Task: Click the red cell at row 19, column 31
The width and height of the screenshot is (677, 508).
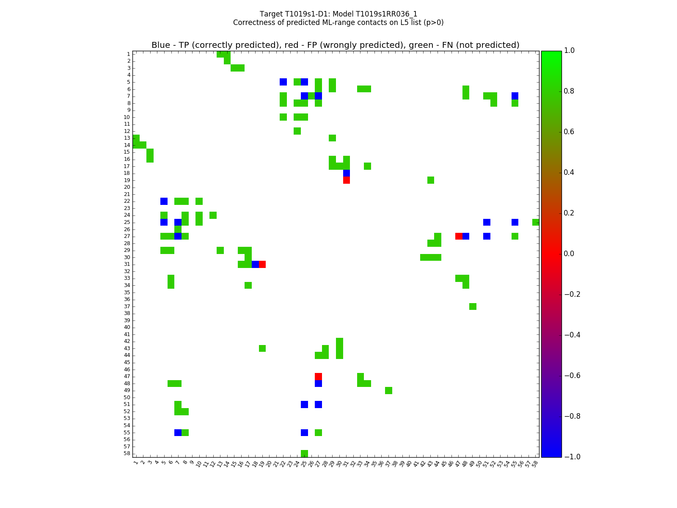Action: [x=347, y=180]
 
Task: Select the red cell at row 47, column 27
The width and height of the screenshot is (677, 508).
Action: [x=318, y=376]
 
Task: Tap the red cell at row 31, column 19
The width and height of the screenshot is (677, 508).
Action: [x=262, y=264]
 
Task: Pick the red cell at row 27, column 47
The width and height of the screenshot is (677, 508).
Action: [x=459, y=236]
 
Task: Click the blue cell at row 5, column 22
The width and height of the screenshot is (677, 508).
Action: [x=283, y=82]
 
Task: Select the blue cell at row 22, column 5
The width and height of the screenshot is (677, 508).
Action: [x=164, y=201]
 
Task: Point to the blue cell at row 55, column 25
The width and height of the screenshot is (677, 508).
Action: [x=304, y=433]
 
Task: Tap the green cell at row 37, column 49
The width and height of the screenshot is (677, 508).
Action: [x=473, y=306]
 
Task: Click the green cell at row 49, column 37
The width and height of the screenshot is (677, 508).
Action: [x=388, y=390]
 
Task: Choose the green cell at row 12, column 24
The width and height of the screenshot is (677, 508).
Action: [x=297, y=131]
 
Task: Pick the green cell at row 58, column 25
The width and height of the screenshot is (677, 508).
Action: [x=304, y=453]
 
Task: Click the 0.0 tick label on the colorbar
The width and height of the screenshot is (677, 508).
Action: [x=571, y=254]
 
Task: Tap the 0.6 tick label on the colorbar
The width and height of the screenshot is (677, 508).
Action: [x=571, y=132]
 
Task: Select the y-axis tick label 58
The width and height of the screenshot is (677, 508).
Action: [x=127, y=453]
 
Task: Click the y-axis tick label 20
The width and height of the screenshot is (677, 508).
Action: [x=127, y=187]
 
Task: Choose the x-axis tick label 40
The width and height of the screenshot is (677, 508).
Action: [x=409, y=464]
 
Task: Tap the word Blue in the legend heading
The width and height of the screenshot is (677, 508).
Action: [x=160, y=45]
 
